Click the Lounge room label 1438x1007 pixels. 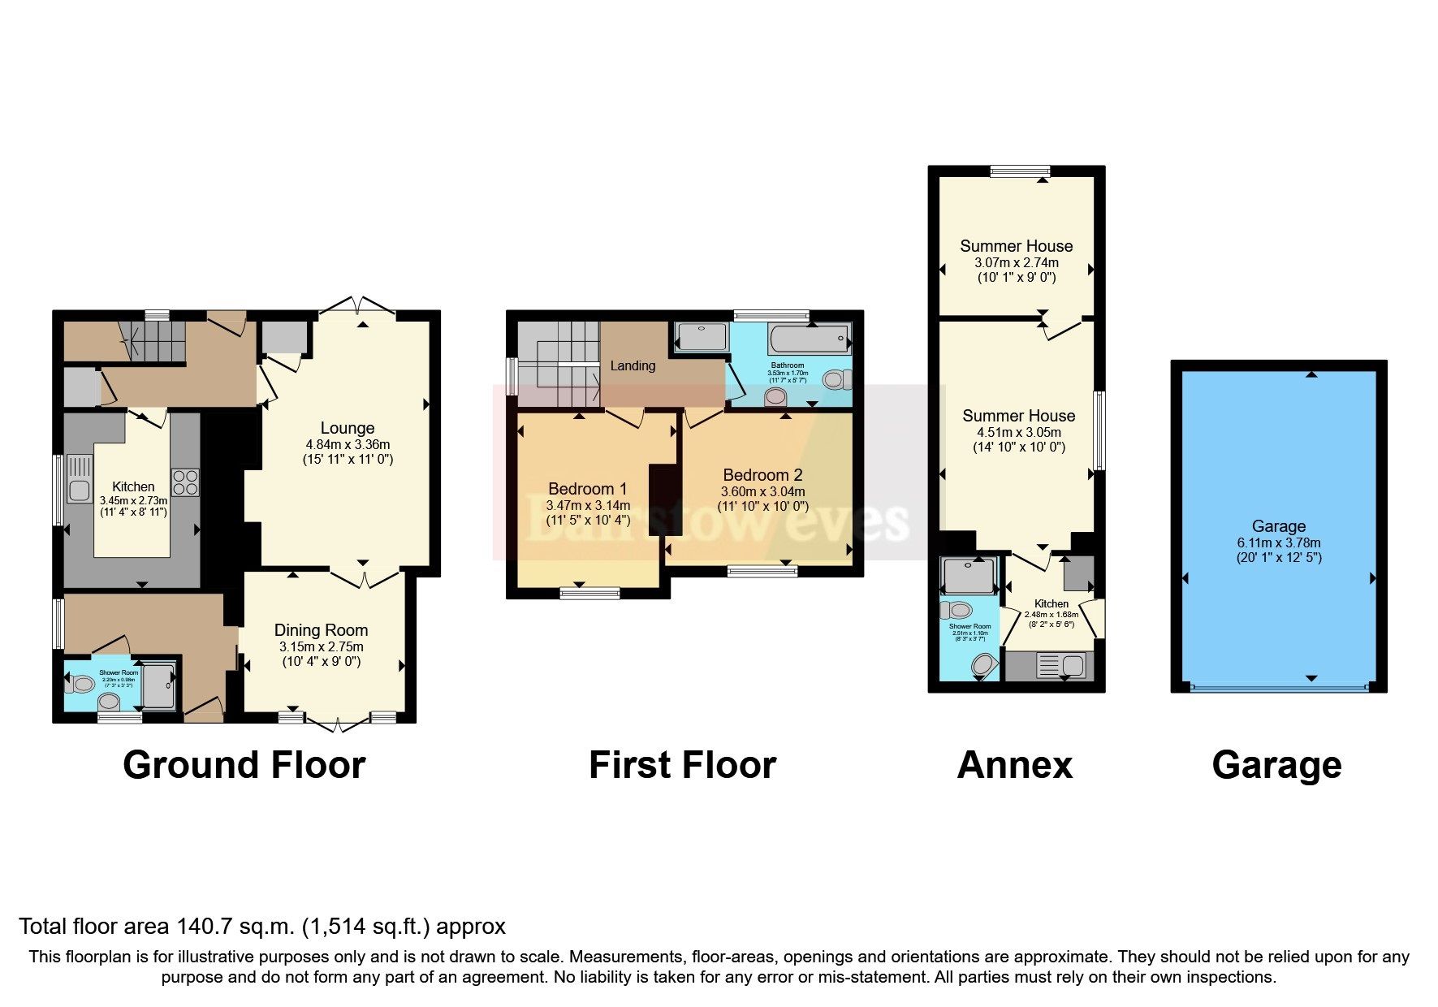point(348,428)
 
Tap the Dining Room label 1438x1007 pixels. point(321,630)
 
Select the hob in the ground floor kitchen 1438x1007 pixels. point(185,482)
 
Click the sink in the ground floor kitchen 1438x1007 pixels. point(80,490)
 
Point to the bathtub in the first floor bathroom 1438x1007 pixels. point(809,337)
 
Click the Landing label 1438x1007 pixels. point(633,365)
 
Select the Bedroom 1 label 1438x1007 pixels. point(587,489)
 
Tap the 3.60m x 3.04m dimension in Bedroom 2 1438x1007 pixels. point(762,491)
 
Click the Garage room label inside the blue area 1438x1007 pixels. point(1278,526)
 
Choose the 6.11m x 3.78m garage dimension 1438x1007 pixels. point(1278,542)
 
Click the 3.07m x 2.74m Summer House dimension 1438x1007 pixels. point(1016,262)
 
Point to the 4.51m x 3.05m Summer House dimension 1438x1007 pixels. point(1018,432)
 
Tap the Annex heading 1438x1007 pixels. point(1014,765)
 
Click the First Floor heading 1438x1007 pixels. point(682,765)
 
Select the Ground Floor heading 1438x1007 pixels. point(244,765)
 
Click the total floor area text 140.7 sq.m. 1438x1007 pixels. point(261,926)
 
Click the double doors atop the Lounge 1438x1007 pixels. point(357,306)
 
